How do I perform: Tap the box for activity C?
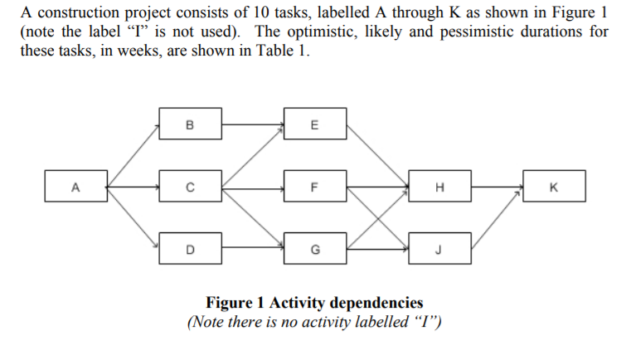pyautogui.click(x=189, y=186)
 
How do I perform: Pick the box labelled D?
pyautogui.click(x=189, y=247)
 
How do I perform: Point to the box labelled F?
pyautogui.click(x=313, y=186)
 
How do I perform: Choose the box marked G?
pyautogui.click(x=313, y=247)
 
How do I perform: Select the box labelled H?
pyautogui.click(x=439, y=186)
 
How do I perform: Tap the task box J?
pyautogui.click(x=439, y=247)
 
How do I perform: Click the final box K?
pyautogui.click(x=554, y=186)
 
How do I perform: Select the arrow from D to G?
pyautogui.click(x=251, y=247)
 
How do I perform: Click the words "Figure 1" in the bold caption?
pyautogui.click(x=233, y=303)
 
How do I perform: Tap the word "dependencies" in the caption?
pyautogui.click(x=378, y=303)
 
